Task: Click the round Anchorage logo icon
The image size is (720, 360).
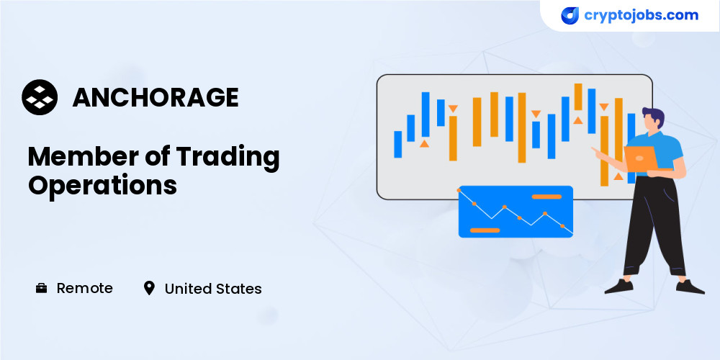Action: point(40,97)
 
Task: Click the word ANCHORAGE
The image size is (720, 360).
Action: point(156,97)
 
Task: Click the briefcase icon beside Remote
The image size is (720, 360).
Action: point(41,289)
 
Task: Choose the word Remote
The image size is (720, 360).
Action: point(84,289)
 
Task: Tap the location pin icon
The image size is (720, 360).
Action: point(149,289)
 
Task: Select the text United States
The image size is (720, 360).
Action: point(213,289)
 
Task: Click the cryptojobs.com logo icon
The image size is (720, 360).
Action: point(570,16)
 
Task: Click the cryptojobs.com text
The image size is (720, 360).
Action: point(641,16)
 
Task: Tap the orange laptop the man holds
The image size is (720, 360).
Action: point(640,158)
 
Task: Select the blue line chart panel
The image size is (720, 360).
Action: point(516,212)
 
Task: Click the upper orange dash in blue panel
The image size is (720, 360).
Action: point(546,197)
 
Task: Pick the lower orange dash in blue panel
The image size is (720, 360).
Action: point(485,230)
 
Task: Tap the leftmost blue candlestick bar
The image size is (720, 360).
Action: point(397,144)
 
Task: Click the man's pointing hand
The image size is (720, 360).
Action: point(595,150)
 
